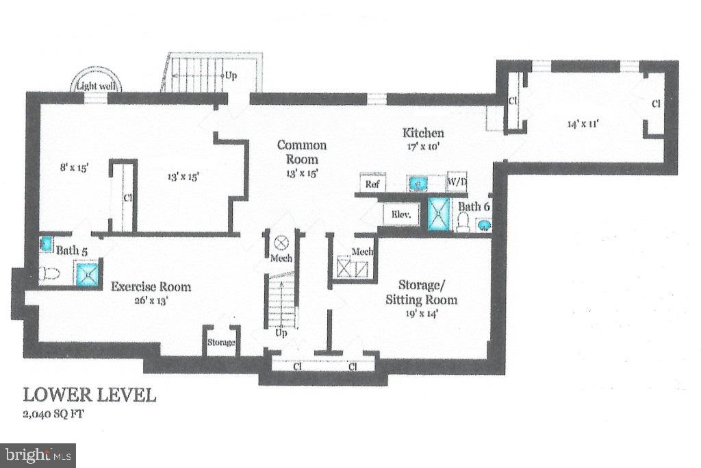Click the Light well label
coord(97,86)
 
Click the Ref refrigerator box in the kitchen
coord(372,184)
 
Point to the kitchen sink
coord(418,183)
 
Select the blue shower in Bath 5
coord(88,274)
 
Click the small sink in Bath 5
coord(46,243)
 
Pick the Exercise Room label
coord(151,287)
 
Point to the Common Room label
coord(301,152)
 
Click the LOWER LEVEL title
coord(90,395)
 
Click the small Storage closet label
coord(221,342)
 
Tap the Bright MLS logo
coord(38,454)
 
